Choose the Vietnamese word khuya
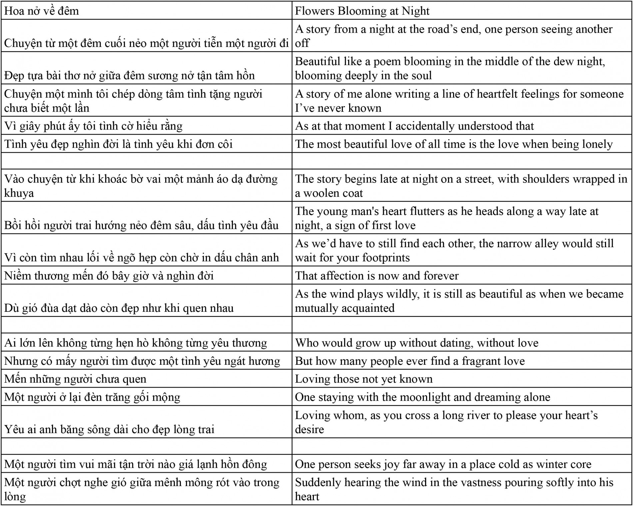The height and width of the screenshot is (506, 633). point(19,193)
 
